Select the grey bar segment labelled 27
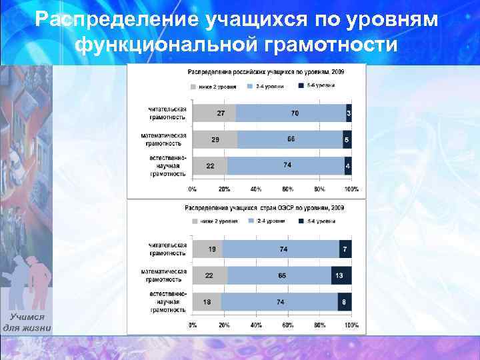(x=214, y=113)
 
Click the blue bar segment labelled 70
(x=291, y=113)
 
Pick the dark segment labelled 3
(x=349, y=113)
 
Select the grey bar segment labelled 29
(x=215, y=139)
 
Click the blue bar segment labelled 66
(x=290, y=139)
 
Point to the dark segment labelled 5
(x=347, y=139)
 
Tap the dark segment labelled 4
(x=347, y=165)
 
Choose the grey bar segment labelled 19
(x=207, y=249)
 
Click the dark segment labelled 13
(x=341, y=275)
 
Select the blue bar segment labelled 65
(x=279, y=275)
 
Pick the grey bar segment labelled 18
(x=207, y=302)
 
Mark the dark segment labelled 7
(x=345, y=249)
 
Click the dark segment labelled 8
(x=344, y=302)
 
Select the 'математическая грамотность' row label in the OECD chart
(x=163, y=275)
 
